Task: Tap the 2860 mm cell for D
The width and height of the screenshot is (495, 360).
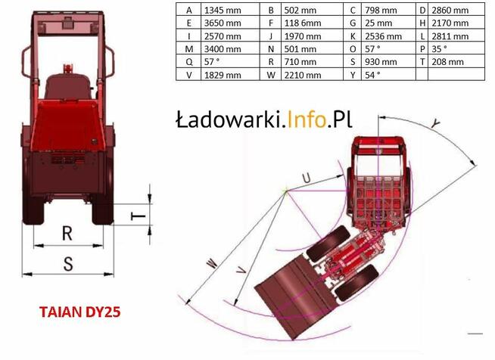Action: pos(448,11)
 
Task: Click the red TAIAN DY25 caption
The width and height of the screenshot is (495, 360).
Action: pos(80,312)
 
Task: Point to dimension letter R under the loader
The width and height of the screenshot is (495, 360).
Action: pos(67,234)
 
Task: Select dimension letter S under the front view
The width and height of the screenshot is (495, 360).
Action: pos(67,263)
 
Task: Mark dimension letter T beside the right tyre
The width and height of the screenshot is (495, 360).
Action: pos(137,216)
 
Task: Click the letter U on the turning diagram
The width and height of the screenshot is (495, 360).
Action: pos(306,178)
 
